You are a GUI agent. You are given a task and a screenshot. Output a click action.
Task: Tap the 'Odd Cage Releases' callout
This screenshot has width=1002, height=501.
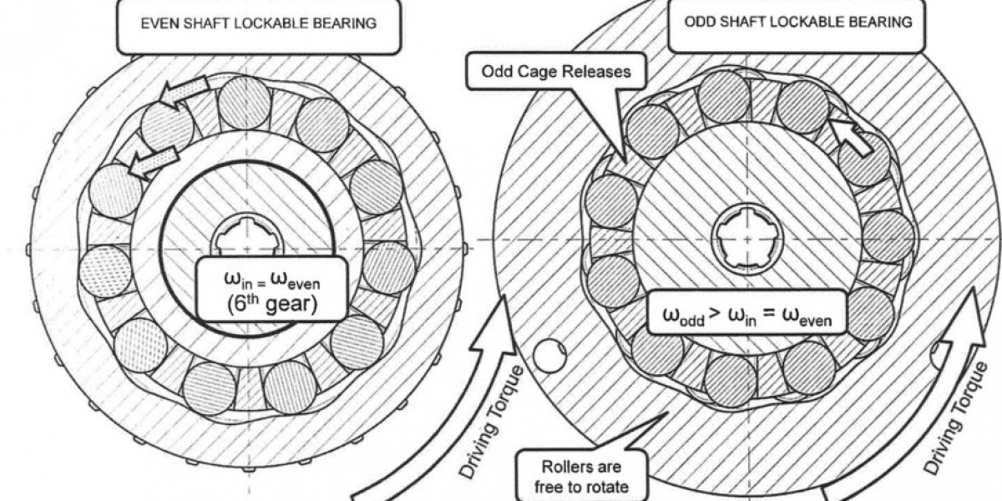click(x=554, y=72)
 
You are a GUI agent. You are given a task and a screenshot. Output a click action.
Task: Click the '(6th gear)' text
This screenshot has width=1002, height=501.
click(x=271, y=304)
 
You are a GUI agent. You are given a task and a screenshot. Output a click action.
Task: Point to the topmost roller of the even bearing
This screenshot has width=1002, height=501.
click(x=245, y=104)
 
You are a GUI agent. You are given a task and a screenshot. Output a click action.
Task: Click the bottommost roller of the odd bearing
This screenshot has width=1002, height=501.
click(x=730, y=381)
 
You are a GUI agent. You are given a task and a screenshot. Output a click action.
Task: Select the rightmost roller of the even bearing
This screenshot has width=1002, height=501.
click(x=390, y=268)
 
